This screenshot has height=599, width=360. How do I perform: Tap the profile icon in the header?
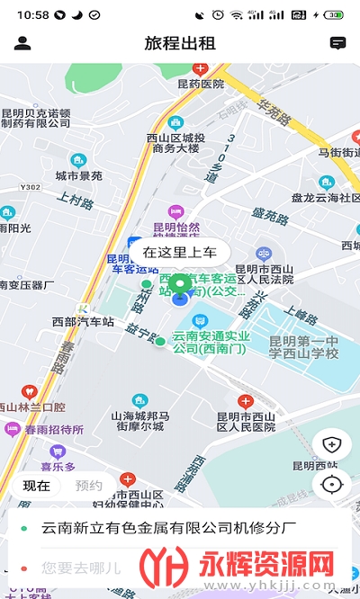22,43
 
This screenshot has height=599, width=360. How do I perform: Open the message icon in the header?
338,43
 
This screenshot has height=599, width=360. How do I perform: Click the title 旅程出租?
180,43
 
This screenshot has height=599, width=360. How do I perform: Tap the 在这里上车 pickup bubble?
180,253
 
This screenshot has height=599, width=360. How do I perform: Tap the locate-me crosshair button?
333,485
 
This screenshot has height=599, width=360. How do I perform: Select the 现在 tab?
37,486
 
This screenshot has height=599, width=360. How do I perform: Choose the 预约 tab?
88,486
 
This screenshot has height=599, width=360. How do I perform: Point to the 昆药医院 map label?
200,84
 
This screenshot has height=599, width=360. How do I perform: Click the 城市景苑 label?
79,176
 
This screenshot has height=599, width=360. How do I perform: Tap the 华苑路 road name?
275,112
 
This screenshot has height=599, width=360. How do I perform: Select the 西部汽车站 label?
83,321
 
